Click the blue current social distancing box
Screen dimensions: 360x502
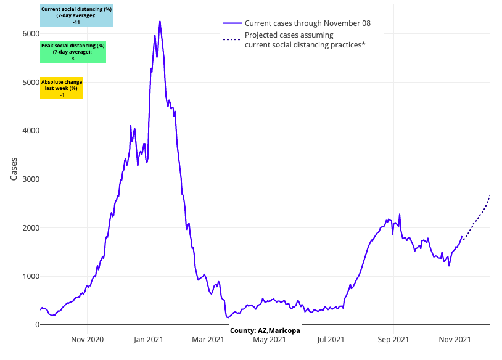point(76,15)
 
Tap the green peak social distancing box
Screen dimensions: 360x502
point(73,52)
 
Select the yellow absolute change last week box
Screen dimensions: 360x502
point(62,88)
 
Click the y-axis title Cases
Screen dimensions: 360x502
point(14,167)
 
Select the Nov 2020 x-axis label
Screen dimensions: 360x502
point(87,338)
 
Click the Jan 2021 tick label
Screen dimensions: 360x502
point(148,338)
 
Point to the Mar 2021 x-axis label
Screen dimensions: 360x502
point(208,338)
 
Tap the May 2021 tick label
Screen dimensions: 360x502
point(270,338)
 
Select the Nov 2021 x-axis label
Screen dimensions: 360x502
point(455,338)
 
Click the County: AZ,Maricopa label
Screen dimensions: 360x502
point(265,330)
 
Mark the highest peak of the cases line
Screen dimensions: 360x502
point(160,22)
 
